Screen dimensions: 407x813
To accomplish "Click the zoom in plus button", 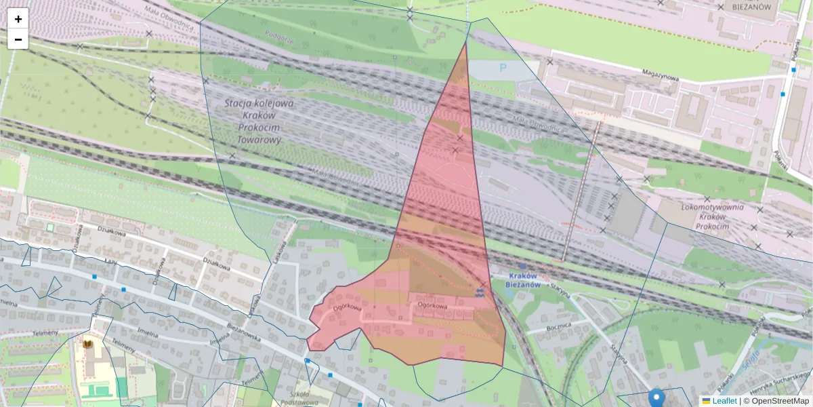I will coord(18,19).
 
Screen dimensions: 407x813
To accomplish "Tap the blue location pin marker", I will coord(656,398).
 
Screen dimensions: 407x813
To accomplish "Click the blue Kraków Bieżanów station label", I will coord(522,279).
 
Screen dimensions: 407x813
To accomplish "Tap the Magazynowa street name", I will coord(661,77).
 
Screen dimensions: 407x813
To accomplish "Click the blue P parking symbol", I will coord(502,68).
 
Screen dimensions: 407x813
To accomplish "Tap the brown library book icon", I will coord(87,344).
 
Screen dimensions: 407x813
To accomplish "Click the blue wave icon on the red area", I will coord(480,292).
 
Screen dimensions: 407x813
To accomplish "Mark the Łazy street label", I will coord(110,260).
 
